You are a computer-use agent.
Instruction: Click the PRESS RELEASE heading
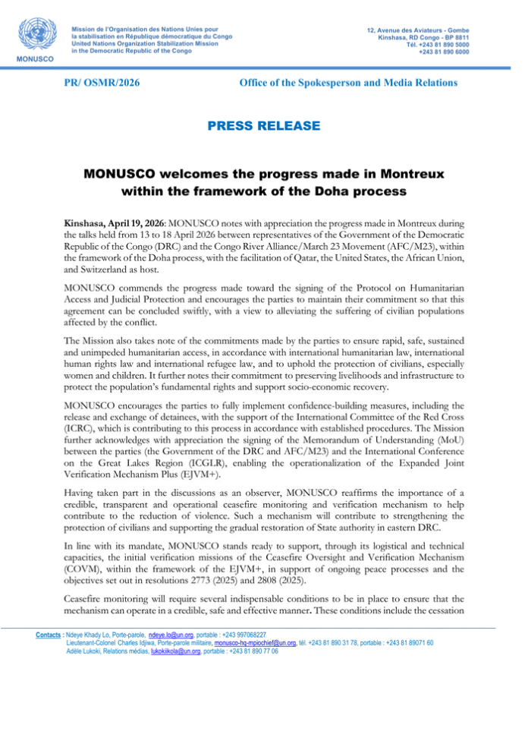[x=264, y=123]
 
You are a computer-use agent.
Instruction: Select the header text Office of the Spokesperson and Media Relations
[x=359, y=81]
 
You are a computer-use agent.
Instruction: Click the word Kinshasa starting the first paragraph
[x=87, y=225]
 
